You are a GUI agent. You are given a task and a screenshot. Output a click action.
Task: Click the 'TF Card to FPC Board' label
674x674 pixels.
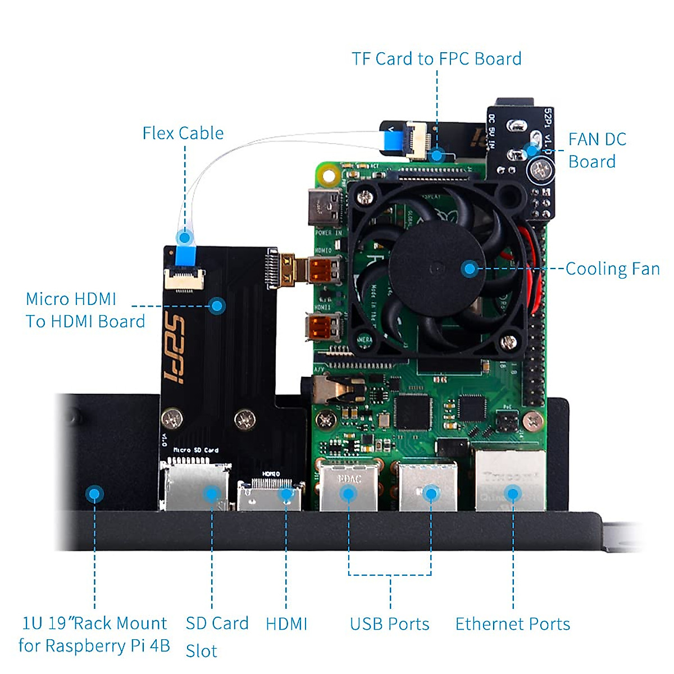click(436, 59)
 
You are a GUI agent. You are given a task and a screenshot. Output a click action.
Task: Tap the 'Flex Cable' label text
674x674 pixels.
click(183, 133)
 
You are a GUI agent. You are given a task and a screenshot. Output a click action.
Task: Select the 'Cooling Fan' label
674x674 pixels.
click(612, 268)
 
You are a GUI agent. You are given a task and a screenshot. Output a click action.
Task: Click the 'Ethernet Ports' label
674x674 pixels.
click(512, 624)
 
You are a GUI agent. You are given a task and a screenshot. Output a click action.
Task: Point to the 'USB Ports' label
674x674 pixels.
click(389, 624)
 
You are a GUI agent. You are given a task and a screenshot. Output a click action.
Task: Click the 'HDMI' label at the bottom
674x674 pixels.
click(286, 624)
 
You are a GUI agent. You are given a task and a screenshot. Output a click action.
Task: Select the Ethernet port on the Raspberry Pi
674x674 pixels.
click(510, 480)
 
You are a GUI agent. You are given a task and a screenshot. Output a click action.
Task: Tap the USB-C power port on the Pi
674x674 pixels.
click(325, 207)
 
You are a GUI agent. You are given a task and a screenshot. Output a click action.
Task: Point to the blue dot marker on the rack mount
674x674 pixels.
click(94, 494)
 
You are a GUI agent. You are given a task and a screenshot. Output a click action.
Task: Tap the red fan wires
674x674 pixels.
click(534, 270)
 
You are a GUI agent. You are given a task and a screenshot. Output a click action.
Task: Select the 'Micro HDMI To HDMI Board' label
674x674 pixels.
click(84, 310)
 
